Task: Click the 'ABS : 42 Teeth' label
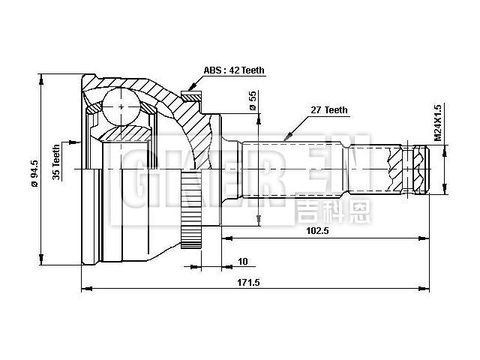pyautogui.click(x=233, y=70)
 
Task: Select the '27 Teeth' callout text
pyautogui.click(x=329, y=110)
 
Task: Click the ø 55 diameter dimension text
pyautogui.click(x=253, y=100)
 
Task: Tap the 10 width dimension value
pyautogui.click(x=242, y=261)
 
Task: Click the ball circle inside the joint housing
pyautogui.click(x=121, y=106)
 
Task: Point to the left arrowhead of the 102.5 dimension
pyautogui.click(x=224, y=238)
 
